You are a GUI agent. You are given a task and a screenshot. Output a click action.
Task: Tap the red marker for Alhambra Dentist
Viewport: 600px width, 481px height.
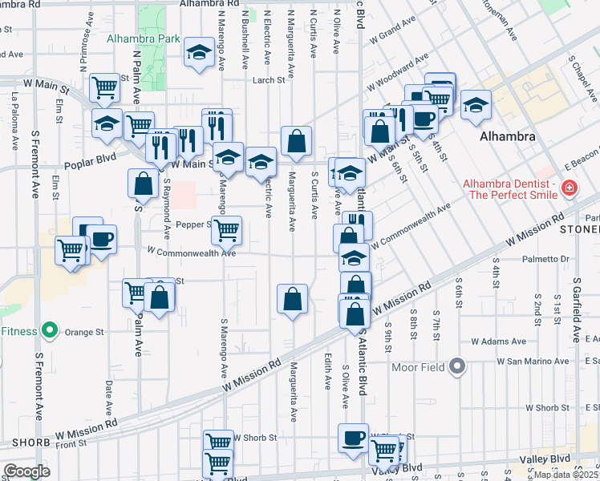569,188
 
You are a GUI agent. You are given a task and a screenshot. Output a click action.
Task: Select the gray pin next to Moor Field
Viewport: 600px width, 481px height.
457,367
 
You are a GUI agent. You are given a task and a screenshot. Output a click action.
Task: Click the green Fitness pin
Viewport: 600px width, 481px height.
50,330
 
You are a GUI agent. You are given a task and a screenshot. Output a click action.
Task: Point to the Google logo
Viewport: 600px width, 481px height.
26,471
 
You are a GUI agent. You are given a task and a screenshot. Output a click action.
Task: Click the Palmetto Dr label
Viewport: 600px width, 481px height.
544,259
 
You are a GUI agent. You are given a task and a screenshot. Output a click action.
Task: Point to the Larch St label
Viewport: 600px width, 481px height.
269,80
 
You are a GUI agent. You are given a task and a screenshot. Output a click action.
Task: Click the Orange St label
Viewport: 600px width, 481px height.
84,330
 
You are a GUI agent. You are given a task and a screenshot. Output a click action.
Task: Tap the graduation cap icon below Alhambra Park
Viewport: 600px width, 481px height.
197,53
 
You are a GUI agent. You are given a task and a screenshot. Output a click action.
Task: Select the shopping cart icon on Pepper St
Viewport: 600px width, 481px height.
227,228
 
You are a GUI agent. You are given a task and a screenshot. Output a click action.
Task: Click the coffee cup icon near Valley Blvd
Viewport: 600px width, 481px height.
353,438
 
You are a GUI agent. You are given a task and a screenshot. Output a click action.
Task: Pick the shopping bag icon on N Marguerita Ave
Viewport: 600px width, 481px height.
296,140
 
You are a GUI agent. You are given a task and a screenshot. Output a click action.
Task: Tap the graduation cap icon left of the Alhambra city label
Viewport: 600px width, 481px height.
476,105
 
